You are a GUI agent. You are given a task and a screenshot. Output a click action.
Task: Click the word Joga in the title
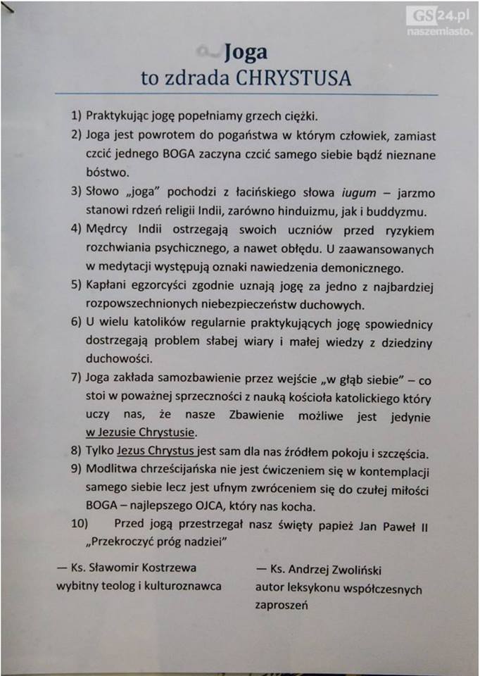(245, 52)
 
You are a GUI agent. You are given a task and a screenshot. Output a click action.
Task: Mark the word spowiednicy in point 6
(393, 325)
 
